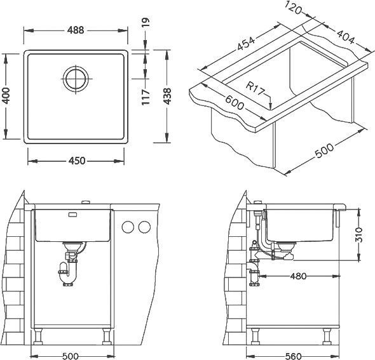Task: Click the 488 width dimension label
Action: (76, 30)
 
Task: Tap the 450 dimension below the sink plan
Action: (77, 161)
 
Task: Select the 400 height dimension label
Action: (6, 95)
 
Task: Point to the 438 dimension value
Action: (167, 97)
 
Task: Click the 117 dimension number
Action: (146, 97)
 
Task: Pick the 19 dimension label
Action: (146, 22)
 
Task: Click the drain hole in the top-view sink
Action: (76, 78)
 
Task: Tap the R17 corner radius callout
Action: (256, 88)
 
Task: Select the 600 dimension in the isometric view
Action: (235, 102)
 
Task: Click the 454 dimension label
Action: (246, 43)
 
